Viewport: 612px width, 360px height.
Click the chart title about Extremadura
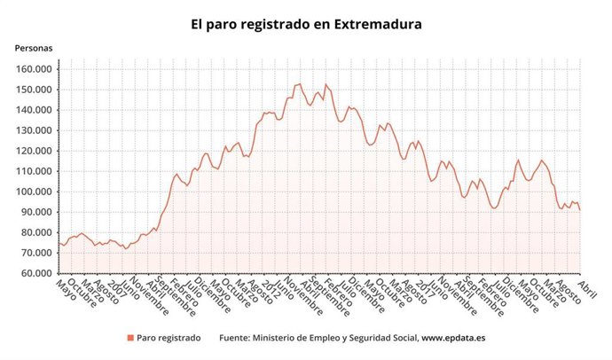(306, 25)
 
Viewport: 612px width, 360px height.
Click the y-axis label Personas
(33, 48)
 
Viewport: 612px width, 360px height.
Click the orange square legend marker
(130, 338)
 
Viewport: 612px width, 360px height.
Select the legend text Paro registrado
(169, 338)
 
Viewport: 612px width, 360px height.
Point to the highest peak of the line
(299, 84)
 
